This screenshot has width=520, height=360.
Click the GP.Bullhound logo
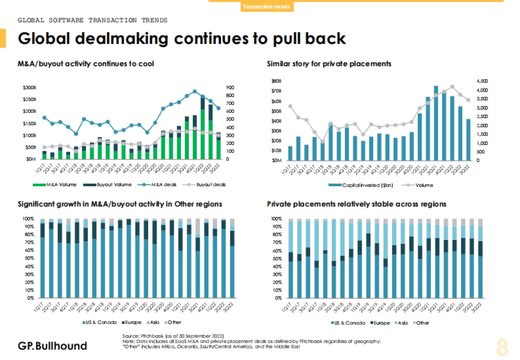point(52,346)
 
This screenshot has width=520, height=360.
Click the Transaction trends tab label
point(266,7)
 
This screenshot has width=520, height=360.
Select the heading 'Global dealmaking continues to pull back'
point(182,39)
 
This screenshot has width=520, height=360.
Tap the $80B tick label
point(276,81)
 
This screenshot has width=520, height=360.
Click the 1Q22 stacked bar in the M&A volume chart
point(202,129)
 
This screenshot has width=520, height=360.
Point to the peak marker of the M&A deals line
point(195,91)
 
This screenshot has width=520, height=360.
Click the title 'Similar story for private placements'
point(329,64)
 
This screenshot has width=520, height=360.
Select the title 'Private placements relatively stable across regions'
point(357,204)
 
